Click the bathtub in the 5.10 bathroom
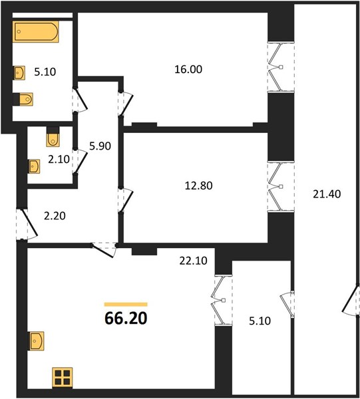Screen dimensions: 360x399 click(36, 32)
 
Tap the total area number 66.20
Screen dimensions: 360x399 click(126, 318)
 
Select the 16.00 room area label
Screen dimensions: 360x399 click(188, 69)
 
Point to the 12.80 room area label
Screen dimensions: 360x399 click(198, 186)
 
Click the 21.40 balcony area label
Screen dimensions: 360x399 click(327, 194)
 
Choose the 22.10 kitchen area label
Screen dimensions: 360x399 click(193, 261)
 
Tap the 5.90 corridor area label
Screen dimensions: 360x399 click(100, 146)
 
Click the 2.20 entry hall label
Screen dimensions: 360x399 click(55, 216)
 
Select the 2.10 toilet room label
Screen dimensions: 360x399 click(59, 160)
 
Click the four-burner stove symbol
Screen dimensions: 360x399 click(63, 377)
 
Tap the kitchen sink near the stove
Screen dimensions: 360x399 click(36, 341)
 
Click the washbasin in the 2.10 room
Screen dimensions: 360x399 click(34, 166)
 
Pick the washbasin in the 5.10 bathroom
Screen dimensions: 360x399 click(19, 72)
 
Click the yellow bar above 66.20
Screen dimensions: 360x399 click(126, 305)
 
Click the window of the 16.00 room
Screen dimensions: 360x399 click(281, 67)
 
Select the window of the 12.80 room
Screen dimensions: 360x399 click(281, 186)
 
